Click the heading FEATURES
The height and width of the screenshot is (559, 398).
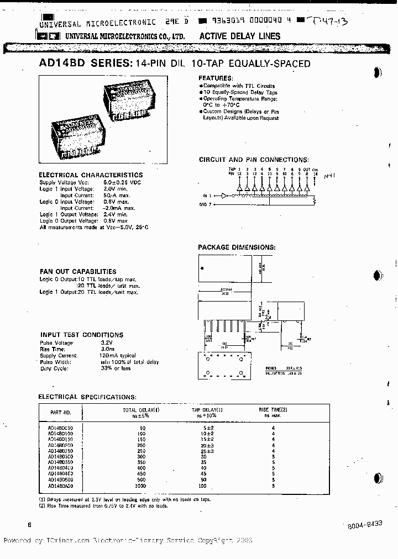click(216, 78)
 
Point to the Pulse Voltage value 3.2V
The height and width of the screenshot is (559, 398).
click(108, 342)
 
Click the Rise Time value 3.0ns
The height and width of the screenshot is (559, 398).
click(108, 349)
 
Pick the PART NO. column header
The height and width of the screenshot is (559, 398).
click(60, 412)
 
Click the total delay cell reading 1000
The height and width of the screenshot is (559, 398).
click(142, 486)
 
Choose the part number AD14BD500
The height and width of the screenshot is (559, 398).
click(60, 480)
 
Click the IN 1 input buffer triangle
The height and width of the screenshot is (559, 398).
click(223, 196)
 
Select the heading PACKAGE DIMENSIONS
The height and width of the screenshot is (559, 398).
click(237, 247)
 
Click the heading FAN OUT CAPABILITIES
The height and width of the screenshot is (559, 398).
click(78, 271)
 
